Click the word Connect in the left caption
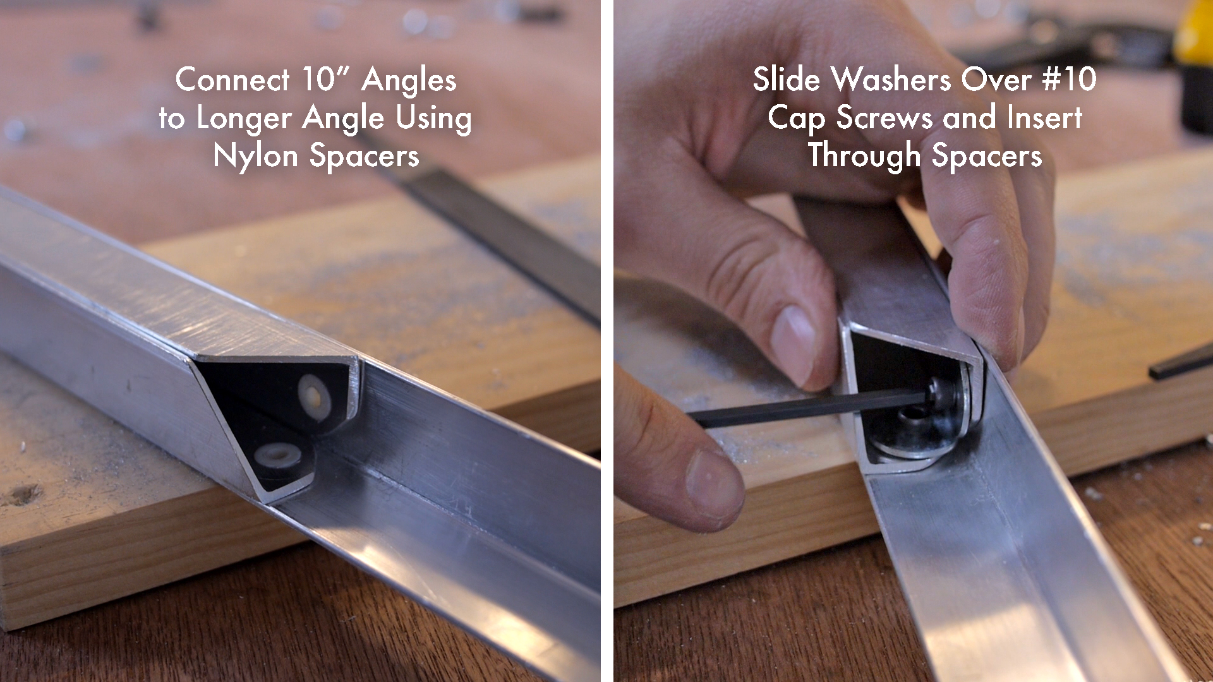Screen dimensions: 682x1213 pyautogui.click(x=232, y=80)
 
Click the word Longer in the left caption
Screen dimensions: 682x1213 pyautogui.click(x=244, y=119)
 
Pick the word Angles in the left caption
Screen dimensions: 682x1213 pyautogui.click(x=409, y=81)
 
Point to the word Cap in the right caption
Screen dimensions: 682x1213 pyautogui.click(x=795, y=119)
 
